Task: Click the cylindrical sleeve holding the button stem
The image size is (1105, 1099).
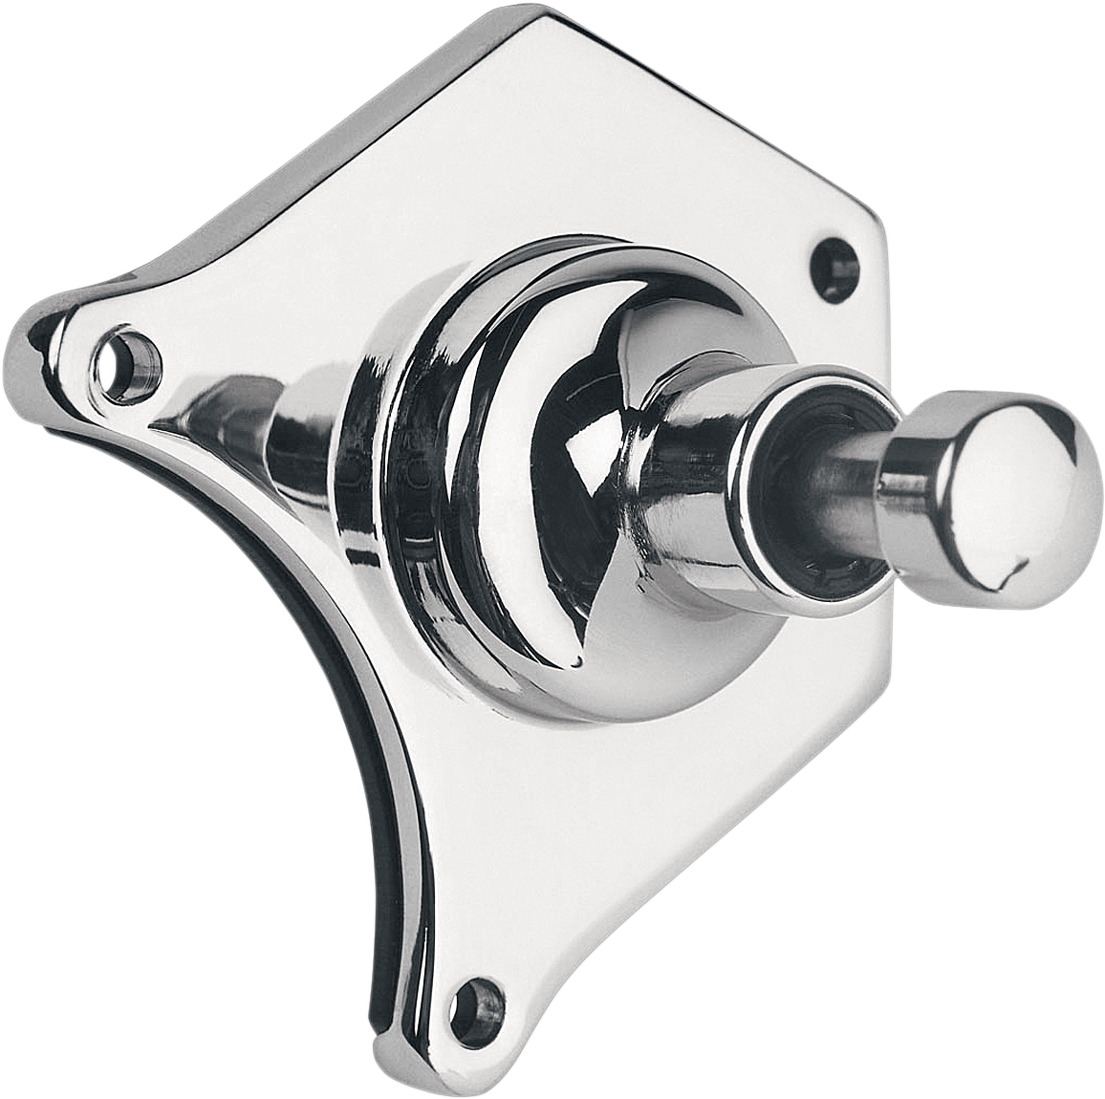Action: point(698,478)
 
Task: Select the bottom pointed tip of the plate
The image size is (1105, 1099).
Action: point(382,1070)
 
